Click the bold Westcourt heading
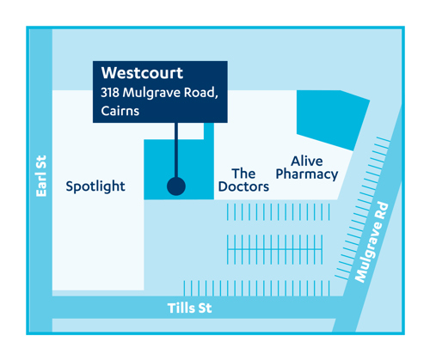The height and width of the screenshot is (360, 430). [x=142, y=74]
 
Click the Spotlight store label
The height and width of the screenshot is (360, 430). [x=95, y=186]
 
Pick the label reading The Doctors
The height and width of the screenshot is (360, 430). [x=243, y=180]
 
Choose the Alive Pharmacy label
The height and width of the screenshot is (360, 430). [x=306, y=168]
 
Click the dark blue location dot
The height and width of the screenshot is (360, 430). [x=176, y=186]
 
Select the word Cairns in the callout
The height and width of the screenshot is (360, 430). [x=120, y=112]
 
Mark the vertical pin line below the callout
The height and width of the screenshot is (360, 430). [x=176, y=150]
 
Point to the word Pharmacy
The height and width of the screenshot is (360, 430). [x=306, y=175]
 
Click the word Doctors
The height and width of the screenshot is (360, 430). [x=243, y=187]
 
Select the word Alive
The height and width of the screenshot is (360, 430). [x=306, y=161]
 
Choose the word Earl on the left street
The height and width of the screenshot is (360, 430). [x=40, y=186]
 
